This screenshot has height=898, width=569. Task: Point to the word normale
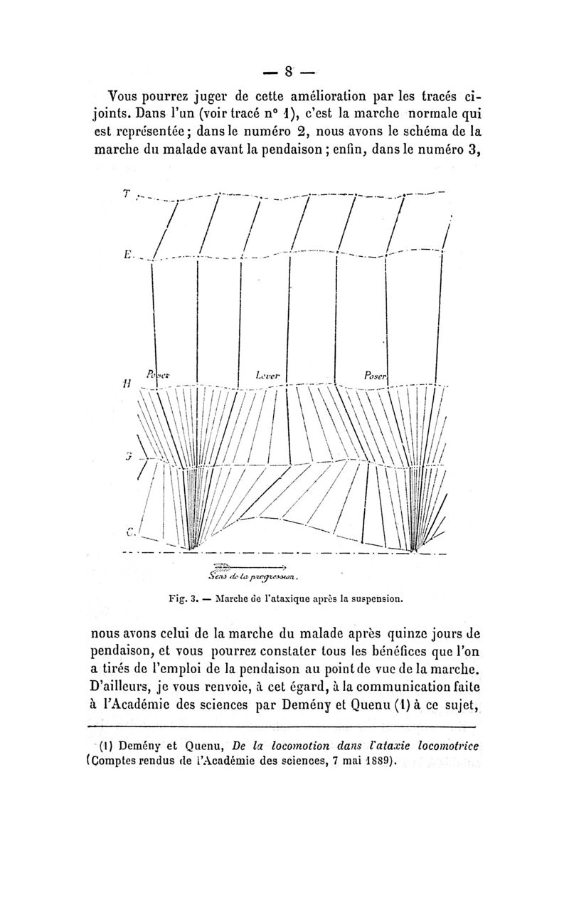[417, 114]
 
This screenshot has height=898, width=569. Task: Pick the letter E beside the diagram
[126, 253]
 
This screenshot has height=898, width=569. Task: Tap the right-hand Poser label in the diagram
[375, 374]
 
